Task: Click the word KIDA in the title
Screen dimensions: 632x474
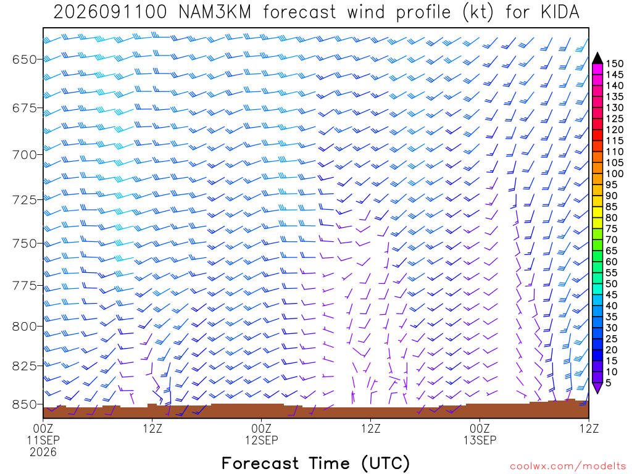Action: pos(560,12)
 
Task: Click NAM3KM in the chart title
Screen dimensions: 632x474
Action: pos(215,12)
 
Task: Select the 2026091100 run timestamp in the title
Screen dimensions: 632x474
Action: pos(110,12)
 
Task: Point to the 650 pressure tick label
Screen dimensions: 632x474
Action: pos(25,60)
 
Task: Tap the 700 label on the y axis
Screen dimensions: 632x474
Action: pos(25,155)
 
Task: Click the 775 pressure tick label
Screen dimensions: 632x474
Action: pos(25,286)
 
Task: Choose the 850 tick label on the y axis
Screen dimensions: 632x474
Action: pos(25,404)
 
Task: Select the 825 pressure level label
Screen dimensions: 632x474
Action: pos(25,366)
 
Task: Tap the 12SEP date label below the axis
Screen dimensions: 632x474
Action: pos(262,439)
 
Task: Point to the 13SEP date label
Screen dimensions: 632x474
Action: pos(480,439)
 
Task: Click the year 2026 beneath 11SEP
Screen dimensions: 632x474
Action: pos(43,452)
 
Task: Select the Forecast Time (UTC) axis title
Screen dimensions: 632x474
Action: pos(315,463)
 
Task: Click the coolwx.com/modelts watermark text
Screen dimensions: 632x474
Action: pos(568,467)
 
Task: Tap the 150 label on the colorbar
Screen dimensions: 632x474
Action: pos(615,64)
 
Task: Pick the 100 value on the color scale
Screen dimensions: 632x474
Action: pos(615,173)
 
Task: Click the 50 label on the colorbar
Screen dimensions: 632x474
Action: pos(612,284)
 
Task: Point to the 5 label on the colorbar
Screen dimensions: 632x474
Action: pos(609,383)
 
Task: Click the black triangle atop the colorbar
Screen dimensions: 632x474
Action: pos(597,58)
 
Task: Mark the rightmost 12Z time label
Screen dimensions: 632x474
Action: pos(589,428)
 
